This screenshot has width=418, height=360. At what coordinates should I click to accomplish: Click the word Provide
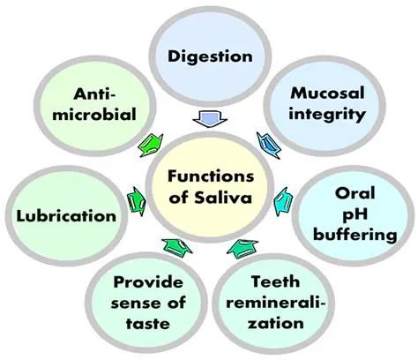click(147, 282)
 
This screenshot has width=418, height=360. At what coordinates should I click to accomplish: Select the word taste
click(147, 324)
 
